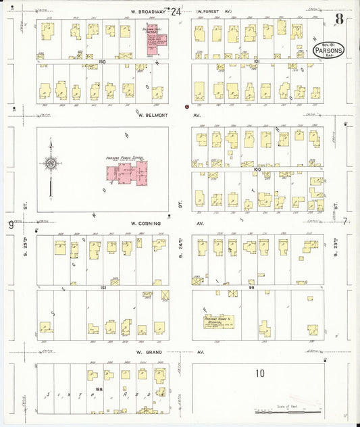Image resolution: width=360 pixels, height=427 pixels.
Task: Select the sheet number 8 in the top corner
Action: point(339,18)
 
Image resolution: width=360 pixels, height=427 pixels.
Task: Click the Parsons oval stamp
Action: point(328,49)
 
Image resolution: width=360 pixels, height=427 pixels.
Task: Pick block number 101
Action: point(257,61)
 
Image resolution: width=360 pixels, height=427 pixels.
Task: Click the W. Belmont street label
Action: point(152,115)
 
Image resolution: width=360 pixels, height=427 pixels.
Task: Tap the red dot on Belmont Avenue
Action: point(187,107)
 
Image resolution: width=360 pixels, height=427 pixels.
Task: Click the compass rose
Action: point(50,163)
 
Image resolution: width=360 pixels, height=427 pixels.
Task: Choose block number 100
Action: point(257,170)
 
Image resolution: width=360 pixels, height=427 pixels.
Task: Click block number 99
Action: point(257,287)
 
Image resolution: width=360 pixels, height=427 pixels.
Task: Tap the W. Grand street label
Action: point(149,352)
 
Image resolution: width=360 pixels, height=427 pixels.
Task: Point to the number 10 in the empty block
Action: point(260,373)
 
